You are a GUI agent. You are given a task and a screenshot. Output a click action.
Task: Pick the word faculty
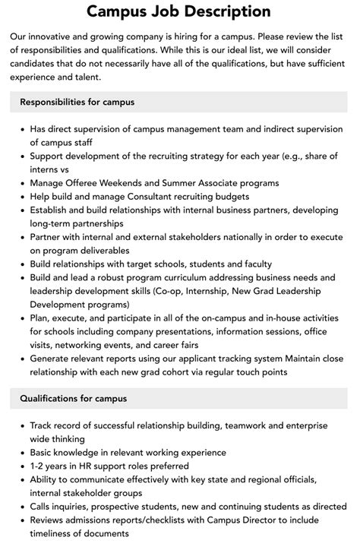tap(254, 265)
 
